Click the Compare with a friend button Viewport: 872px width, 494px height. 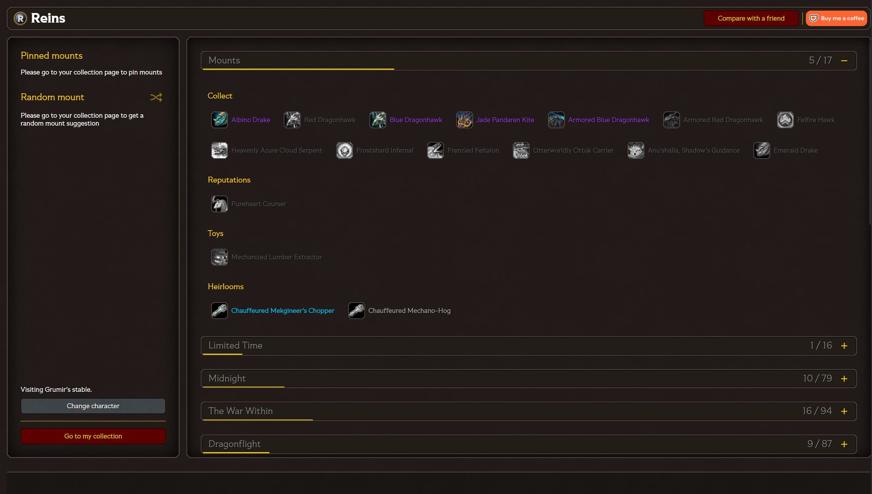751,18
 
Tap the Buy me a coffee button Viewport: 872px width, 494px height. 836,18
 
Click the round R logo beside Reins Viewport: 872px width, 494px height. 20,18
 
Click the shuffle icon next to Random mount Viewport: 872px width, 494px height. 156,97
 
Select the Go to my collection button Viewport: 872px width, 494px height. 93,436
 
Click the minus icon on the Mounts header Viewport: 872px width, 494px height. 844,61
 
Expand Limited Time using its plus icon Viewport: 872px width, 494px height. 844,346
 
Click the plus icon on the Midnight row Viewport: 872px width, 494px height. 844,379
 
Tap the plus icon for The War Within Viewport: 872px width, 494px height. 844,411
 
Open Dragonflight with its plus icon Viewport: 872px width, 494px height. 844,444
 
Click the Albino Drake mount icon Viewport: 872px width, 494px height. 219,120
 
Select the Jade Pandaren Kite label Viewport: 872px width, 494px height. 505,120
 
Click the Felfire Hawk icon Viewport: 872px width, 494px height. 785,120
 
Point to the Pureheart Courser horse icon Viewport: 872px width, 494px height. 219,204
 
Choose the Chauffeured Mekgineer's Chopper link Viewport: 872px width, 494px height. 283,310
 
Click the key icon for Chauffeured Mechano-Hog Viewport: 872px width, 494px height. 356,310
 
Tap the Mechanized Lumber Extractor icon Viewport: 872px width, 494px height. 219,257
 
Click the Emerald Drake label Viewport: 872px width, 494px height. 796,150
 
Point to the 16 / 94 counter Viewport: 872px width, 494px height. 817,411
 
